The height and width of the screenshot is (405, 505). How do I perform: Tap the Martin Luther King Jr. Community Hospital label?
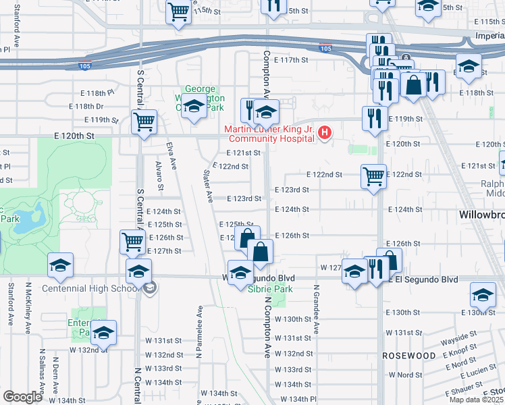[x=270, y=134]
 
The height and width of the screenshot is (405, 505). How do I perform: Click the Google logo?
[x=22, y=397]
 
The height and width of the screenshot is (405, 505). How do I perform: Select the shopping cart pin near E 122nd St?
[x=373, y=176]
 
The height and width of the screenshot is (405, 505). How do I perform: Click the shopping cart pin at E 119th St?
[x=144, y=122]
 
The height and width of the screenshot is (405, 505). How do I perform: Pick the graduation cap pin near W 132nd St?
[x=103, y=332]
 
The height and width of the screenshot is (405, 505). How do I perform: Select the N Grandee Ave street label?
[x=315, y=308]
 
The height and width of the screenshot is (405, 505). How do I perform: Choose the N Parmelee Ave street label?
[x=200, y=330]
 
